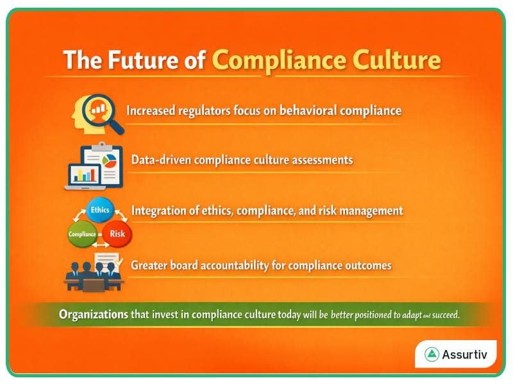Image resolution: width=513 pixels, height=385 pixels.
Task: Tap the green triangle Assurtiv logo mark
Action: pyautogui.click(x=432, y=354)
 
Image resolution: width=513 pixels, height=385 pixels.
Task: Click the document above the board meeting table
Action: pyautogui.click(x=107, y=259)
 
